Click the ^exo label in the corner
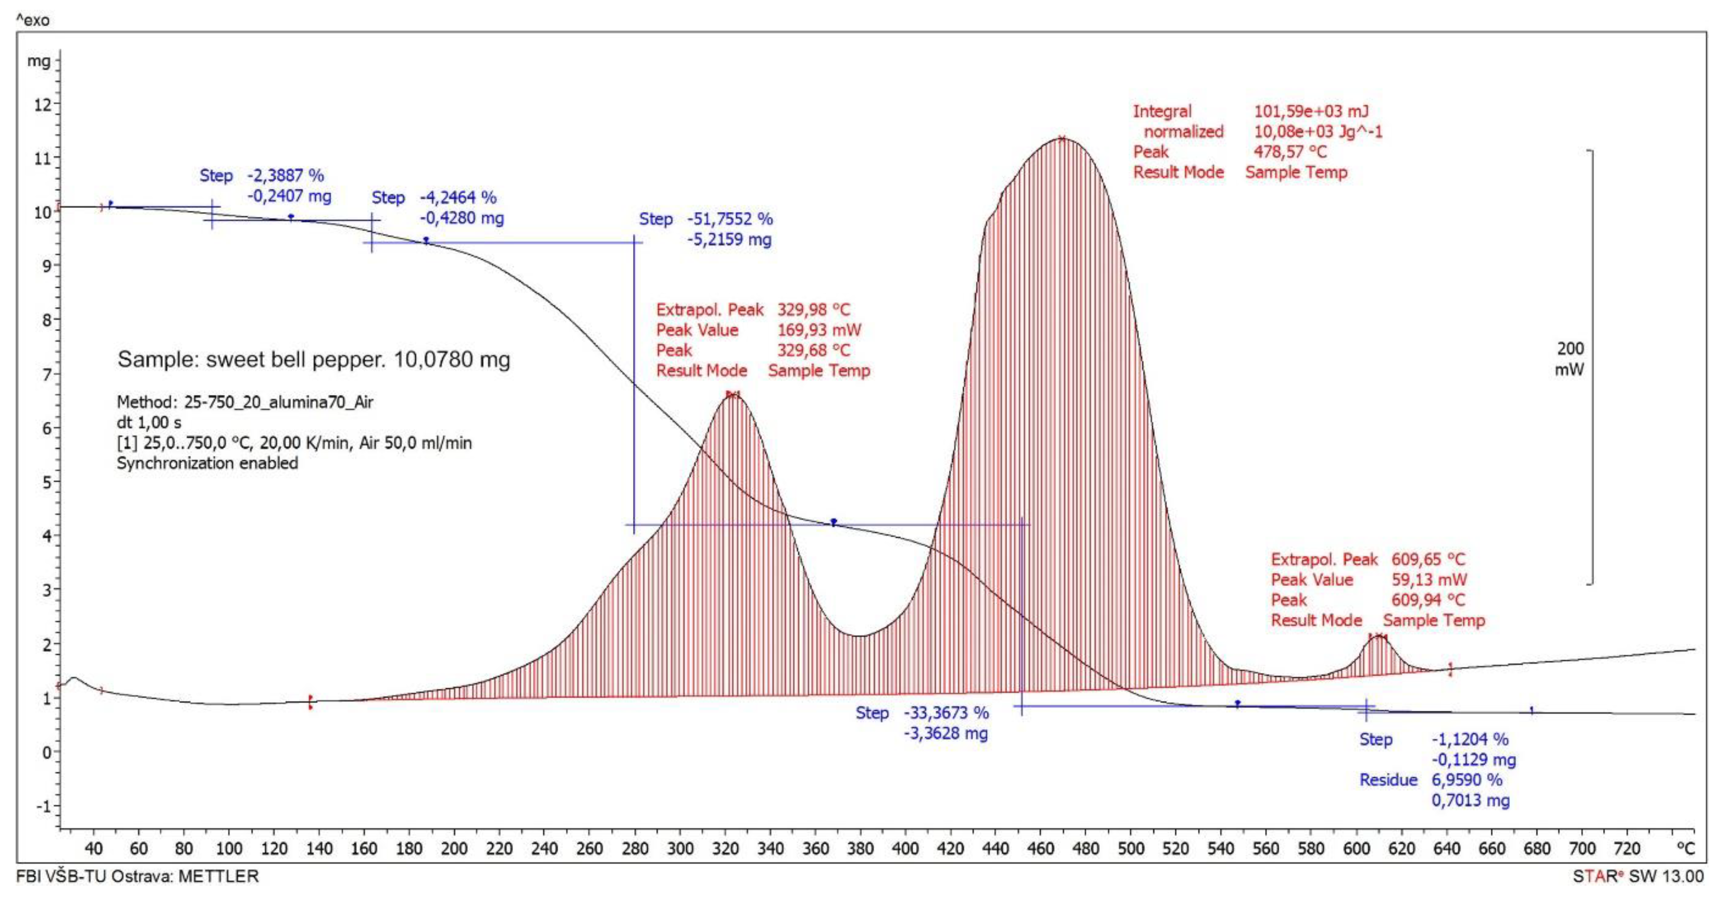(32, 20)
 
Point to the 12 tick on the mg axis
(42, 105)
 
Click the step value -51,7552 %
(729, 219)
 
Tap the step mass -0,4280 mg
(462, 218)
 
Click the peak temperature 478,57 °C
(1290, 152)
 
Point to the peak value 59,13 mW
(1429, 580)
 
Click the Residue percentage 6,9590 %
(1467, 780)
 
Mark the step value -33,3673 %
(946, 713)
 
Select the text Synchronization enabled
(207, 463)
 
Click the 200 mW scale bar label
(1569, 359)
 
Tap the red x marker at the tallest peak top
(1062, 139)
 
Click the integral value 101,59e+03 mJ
(1311, 111)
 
